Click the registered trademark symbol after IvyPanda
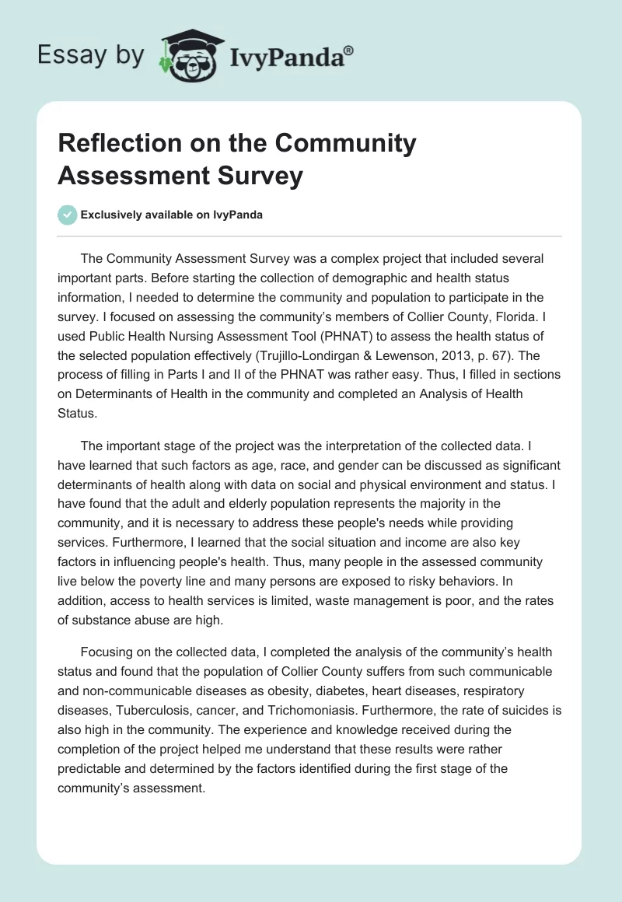click(x=349, y=51)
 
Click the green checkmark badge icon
click(x=68, y=215)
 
